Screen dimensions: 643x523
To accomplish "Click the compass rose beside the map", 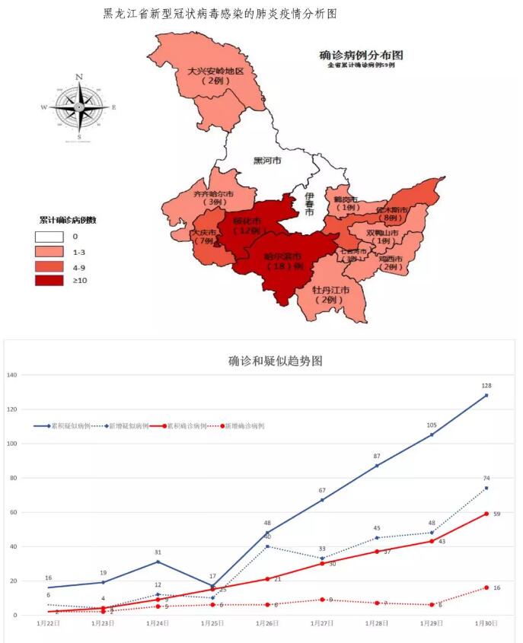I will tap(80, 108).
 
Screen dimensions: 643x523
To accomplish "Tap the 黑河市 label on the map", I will tap(266, 161).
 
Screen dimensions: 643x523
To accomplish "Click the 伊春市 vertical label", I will tap(309, 204).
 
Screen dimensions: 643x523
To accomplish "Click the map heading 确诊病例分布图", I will tap(361, 56).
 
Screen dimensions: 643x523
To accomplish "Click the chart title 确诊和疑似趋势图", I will tap(276, 361).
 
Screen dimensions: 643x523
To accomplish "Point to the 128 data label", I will tap(486, 386).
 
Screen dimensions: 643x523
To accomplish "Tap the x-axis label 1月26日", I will tap(267, 623).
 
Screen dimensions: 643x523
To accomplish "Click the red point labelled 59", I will tap(486, 514).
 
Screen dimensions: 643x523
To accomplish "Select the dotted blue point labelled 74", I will tap(486, 488).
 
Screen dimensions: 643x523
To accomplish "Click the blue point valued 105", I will tap(432, 435).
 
